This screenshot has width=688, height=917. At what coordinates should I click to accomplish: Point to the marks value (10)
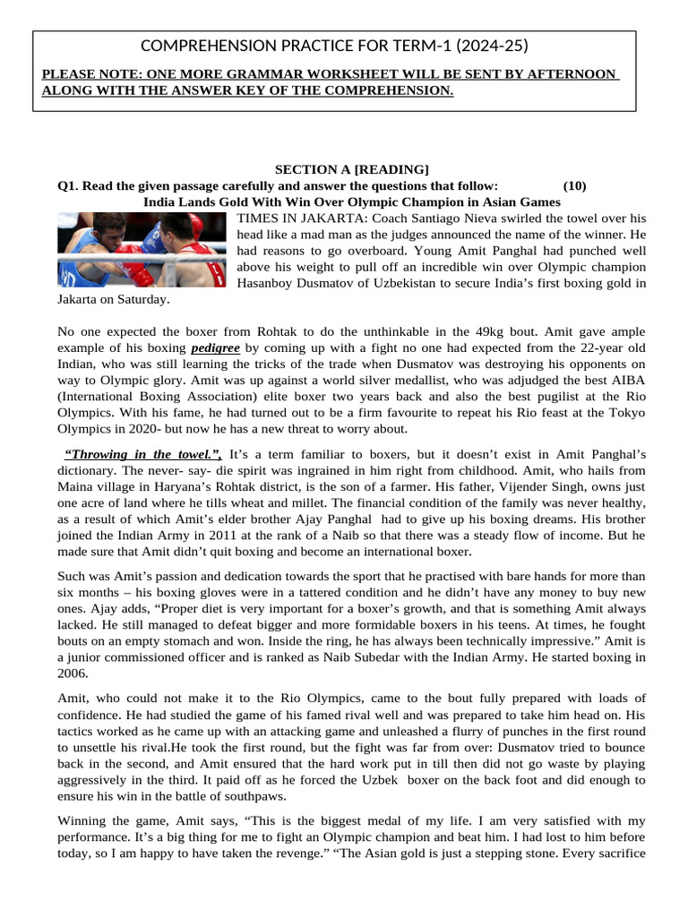coord(574,185)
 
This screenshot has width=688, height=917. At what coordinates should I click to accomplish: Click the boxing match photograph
coord(142,249)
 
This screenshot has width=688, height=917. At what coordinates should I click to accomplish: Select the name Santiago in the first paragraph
coord(449,218)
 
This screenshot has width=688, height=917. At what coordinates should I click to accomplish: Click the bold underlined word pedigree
coord(215,347)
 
